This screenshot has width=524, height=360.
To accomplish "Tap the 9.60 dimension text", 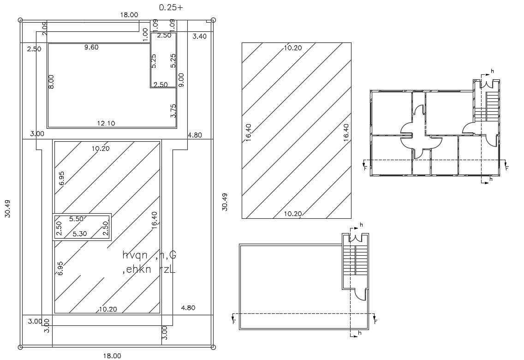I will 91,47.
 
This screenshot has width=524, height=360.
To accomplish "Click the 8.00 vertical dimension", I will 51,81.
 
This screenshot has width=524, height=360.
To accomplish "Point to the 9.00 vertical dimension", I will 181,80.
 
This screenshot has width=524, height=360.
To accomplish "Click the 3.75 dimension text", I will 173,110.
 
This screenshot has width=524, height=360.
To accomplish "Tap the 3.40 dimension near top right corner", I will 199,36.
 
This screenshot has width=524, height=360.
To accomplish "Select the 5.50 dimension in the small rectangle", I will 76,219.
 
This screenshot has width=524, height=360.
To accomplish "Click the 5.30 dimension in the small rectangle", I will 80,234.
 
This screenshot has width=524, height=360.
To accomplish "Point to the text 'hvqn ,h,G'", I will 149,255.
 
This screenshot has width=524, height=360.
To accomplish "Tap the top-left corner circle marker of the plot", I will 20,20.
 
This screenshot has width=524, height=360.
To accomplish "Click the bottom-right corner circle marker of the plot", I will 213,347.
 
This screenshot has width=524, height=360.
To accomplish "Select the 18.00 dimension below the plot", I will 112,355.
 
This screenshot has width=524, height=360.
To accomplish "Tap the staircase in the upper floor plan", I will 492,104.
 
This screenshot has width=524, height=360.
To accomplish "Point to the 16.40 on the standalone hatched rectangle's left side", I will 248,132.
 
